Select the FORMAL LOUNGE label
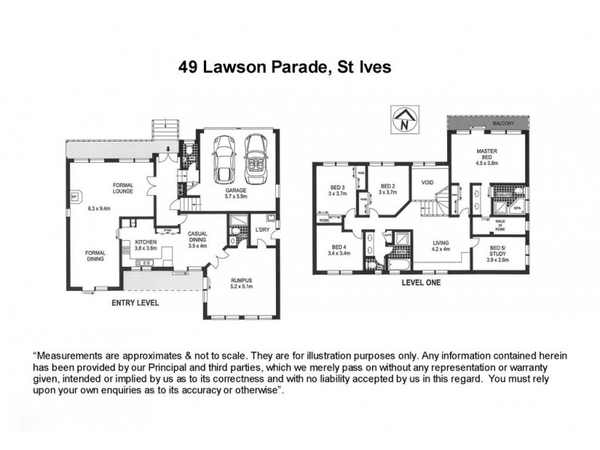(122, 188)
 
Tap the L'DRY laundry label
(262, 229)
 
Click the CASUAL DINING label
(197, 236)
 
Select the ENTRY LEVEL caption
(135, 303)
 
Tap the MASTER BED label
(487, 154)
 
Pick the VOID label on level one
(427, 182)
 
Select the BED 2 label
(387, 186)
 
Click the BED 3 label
(337, 187)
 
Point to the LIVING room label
(442, 242)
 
